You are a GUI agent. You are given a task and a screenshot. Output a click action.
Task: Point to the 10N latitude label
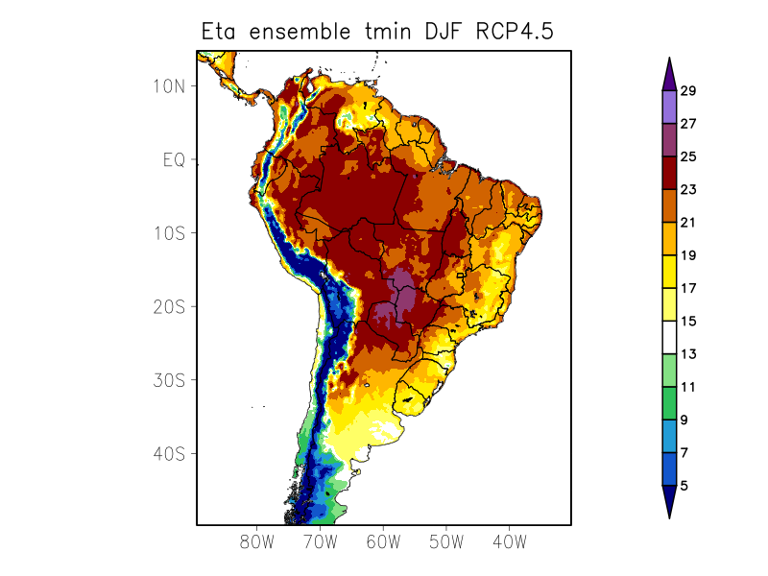point(169,85)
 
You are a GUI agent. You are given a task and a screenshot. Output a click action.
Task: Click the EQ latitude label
point(174,159)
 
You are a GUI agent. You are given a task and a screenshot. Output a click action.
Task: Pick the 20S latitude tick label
point(169,306)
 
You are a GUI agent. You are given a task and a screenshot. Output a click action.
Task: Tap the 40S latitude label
point(169,453)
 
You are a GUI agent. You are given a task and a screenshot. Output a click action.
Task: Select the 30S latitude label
point(169,380)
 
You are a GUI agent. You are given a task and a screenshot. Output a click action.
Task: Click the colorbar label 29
point(688,91)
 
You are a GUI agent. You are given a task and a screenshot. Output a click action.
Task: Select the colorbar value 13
point(688,354)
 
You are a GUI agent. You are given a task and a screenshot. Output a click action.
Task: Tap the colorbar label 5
point(684,486)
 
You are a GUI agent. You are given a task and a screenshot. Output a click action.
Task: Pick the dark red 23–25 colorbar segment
point(669,173)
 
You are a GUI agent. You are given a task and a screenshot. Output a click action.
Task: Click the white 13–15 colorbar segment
point(669,338)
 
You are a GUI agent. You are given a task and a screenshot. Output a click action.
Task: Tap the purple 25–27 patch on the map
point(398,293)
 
